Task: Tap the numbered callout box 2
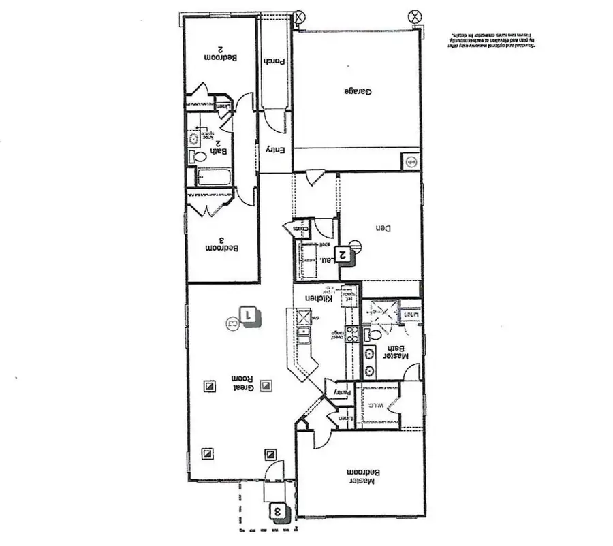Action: [x=345, y=255]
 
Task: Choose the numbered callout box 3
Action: [x=277, y=510]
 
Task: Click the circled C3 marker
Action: [x=232, y=320]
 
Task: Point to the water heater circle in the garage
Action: [x=411, y=162]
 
